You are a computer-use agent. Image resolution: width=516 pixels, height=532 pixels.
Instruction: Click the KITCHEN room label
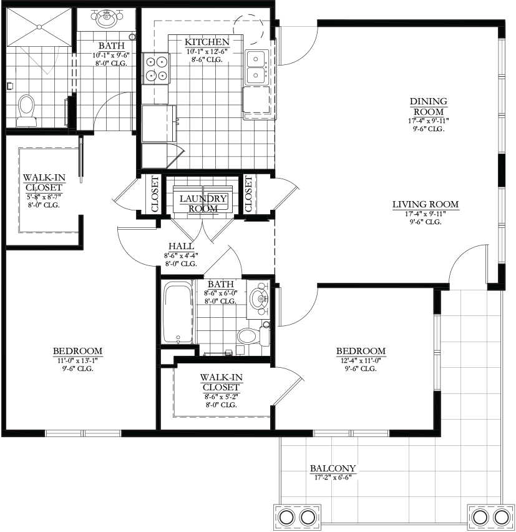point(207,42)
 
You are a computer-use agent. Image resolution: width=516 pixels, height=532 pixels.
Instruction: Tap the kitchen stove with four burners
point(156,69)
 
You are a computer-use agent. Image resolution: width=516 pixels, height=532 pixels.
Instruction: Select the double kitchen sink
point(257,67)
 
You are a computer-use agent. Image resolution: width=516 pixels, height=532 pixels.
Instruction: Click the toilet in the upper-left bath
point(26,111)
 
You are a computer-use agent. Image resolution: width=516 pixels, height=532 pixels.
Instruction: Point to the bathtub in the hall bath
point(177,313)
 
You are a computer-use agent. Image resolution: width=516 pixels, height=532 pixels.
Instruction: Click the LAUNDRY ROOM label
point(203,203)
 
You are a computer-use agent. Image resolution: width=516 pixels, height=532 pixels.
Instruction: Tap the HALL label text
point(182,246)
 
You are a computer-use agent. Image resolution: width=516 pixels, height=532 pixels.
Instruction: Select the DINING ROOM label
point(428,106)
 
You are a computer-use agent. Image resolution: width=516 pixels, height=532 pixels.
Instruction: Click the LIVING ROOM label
point(426,205)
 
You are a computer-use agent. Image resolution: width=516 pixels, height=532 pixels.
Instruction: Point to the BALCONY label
point(333,468)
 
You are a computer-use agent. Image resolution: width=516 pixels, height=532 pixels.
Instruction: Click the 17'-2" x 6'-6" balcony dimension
point(333,478)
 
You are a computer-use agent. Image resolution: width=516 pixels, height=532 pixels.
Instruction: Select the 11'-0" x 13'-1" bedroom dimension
point(78,360)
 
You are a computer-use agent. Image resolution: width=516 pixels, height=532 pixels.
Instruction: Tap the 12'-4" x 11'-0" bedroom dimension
point(361,360)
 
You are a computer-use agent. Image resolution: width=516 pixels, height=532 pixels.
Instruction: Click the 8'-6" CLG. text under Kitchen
point(207,59)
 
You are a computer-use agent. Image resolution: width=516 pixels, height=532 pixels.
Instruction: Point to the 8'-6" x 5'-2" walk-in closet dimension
point(221,396)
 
